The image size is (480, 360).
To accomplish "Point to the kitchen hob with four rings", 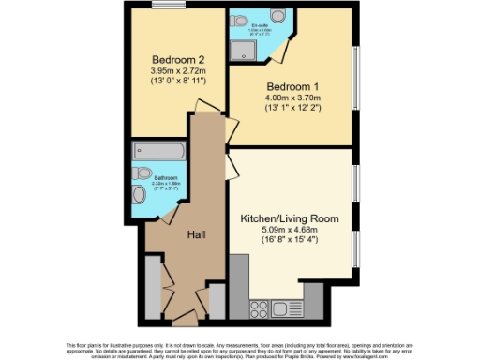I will tap(258, 307).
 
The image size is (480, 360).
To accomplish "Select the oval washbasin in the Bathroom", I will tap(139, 194).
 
